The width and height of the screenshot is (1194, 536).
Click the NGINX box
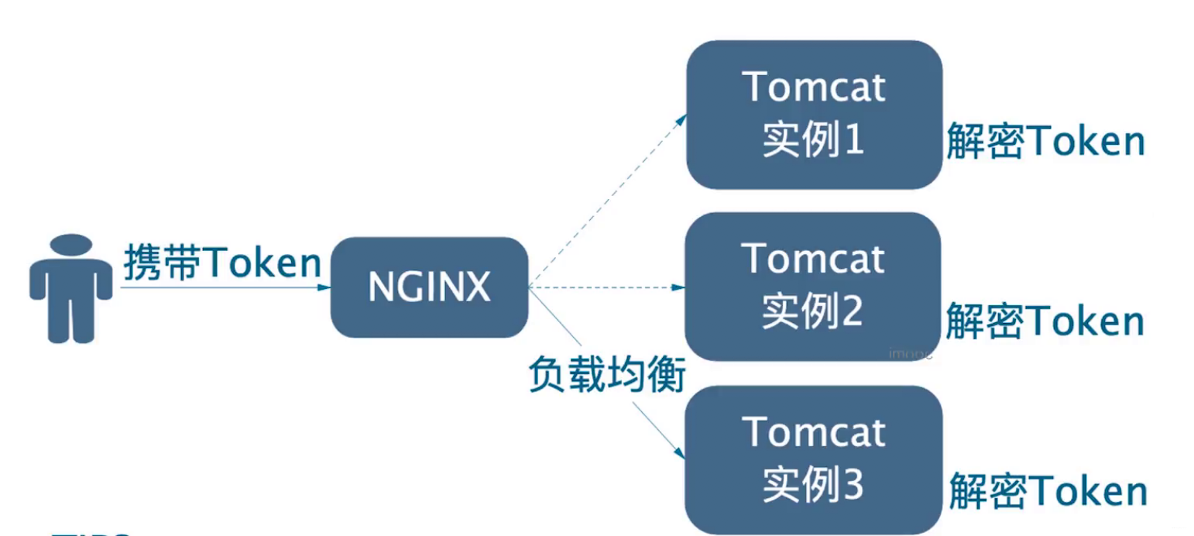point(429,287)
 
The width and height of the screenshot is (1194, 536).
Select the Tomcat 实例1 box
point(813,115)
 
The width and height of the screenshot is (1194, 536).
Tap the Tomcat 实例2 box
point(813,286)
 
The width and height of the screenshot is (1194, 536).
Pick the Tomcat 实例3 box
point(813,459)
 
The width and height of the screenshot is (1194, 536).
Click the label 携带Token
point(222,264)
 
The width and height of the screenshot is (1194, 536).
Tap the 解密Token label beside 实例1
point(1045,143)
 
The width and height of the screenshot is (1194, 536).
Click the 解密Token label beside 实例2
point(1045,321)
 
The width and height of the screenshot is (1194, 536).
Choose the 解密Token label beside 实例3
point(1048,492)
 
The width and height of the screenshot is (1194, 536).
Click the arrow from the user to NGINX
point(225,288)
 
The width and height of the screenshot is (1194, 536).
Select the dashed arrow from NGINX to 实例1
point(608,201)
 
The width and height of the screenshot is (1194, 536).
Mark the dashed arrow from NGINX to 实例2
point(608,287)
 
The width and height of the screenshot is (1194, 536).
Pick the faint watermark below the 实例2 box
point(911,353)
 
